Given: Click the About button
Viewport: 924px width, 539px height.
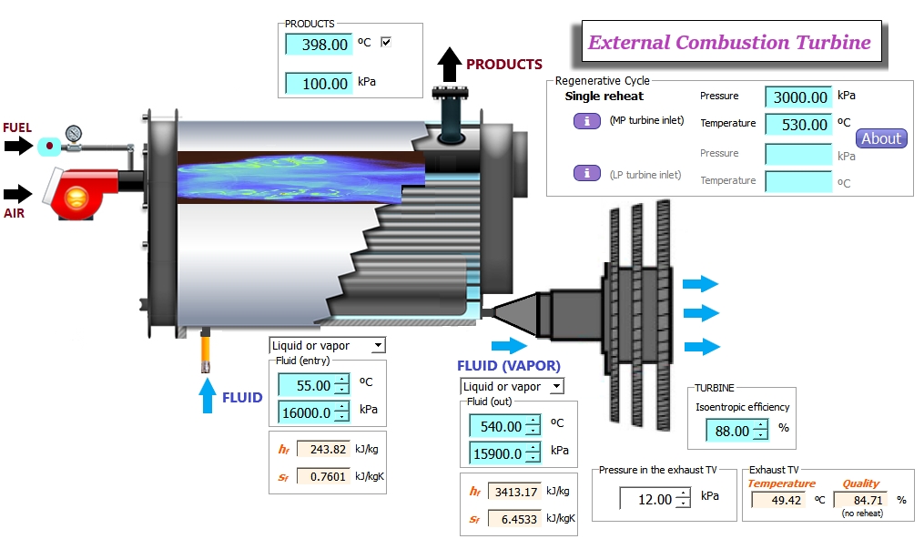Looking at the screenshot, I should click(x=881, y=138).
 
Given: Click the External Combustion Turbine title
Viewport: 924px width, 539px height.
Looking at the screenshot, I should click(x=729, y=42).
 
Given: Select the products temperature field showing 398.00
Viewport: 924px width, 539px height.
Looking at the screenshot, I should click(x=319, y=44).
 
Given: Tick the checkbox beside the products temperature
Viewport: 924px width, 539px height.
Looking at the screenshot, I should click(x=386, y=42).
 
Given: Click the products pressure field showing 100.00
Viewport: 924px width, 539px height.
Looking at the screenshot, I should click(x=319, y=83).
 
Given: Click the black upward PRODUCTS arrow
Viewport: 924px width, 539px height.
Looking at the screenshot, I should click(x=449, y=65).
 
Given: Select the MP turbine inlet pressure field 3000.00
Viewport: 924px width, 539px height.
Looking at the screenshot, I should click(x=798, y=97).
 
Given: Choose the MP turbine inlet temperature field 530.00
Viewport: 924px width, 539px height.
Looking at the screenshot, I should click(x=798, y=124).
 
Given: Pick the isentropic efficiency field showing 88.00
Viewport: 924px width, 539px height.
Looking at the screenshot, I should click(x=731, y=431).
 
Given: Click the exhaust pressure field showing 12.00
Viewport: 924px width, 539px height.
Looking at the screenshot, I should click(x=648, y=499).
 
